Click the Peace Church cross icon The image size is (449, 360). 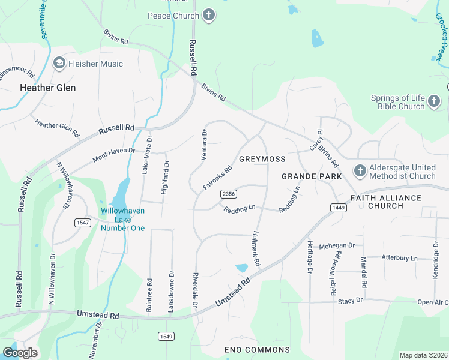(x=208, y=16)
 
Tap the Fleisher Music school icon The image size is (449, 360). (x=59, y=63)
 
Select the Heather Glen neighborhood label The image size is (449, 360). (x=47, y=88)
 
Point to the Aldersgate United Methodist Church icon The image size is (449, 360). (x=360, y=171)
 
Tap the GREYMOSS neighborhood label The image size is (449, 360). (x=262, y=159)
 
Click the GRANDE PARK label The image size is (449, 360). (x=312, y=176)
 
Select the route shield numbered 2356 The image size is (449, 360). (x=228, y=193)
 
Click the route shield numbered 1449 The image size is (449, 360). (x=337, y=207)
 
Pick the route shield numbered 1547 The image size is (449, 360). (x=82, y=223)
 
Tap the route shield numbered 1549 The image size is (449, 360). (x=166, y=336)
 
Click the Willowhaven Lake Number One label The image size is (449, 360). (x=123, y=220)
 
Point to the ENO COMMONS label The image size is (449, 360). (x=257, y=350)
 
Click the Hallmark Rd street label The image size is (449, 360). (x=256, y=249)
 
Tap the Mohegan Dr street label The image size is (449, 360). (x=337, y=246)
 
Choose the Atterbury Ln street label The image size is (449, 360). (x=399, y=257)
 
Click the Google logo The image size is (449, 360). (x=20, y=352)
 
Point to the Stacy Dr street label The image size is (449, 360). (x=351, y=300)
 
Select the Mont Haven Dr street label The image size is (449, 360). (x=114, y=154)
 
